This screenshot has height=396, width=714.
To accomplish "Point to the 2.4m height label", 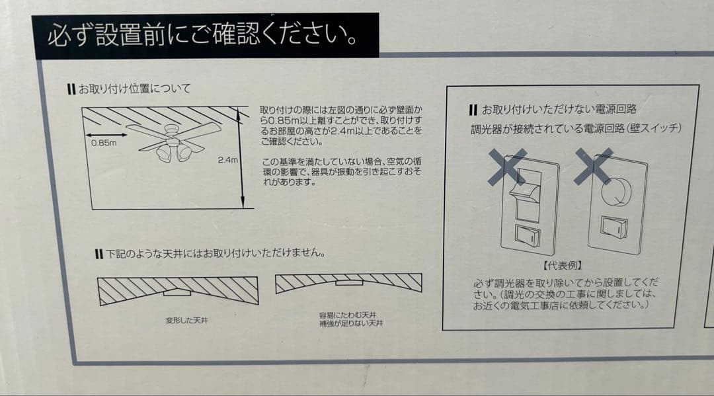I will (x=227, y=160).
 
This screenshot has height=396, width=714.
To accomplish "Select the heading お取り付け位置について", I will (x=132, y=88).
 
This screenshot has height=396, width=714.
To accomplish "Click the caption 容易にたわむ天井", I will (x=349, y=315).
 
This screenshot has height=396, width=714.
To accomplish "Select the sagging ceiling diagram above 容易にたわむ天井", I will (x=348, y=283).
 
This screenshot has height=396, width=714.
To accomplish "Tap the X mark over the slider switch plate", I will (x=506, y=166).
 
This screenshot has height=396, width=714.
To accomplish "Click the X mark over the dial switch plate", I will (x=592, y=165).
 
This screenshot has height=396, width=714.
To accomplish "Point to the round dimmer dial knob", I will (x=616, y=192).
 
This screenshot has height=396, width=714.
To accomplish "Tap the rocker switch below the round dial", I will (x=614, y=227).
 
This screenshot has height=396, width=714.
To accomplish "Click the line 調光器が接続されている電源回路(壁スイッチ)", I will (x=575, y=128).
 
